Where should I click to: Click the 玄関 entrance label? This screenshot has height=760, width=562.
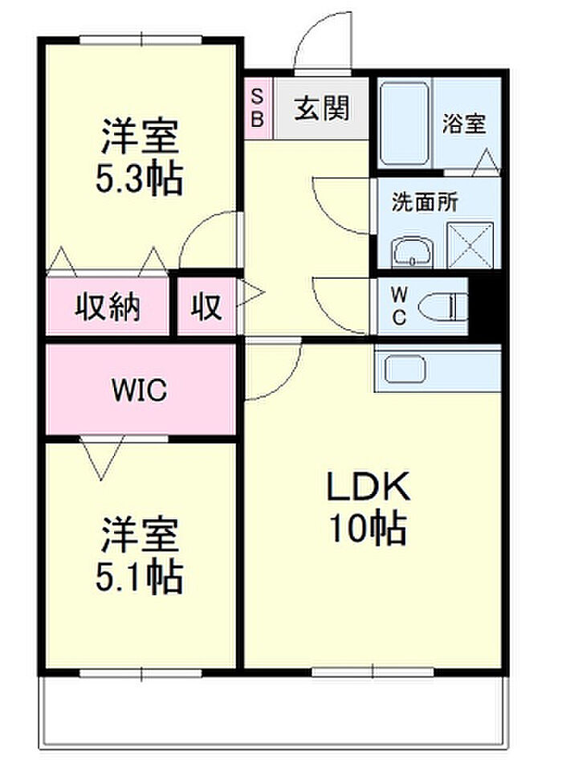[321, 109]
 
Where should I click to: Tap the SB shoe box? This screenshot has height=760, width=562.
[258, 109]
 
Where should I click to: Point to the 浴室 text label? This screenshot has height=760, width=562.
[464, 125]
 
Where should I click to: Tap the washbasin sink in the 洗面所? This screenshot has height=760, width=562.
[412, 253]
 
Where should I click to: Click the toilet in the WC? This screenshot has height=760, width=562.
[446, 305]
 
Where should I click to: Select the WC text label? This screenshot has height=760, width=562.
[399, 305]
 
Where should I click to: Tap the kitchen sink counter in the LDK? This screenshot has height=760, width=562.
[436, 369]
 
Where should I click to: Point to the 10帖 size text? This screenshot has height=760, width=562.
[368, 528]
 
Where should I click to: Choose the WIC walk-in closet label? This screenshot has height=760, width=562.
[139, 390]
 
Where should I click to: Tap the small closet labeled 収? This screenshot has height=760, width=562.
[206, 306]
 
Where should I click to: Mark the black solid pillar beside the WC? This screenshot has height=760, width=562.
[485, 306]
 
